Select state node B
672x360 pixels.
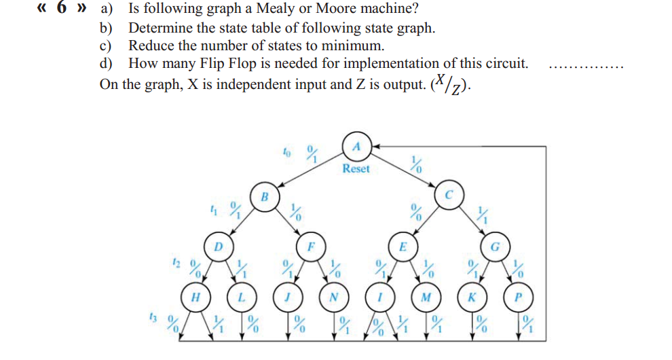(x=265, y=198)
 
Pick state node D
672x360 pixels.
(x=218, y=246)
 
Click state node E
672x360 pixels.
(x=403, y=246)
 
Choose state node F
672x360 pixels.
(x=310, y=246)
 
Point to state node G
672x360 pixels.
(x=495, y=246)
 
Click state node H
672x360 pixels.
(x=195, y=296)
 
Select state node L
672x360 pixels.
(x=242, y=296)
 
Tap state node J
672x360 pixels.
(x=288, y=296)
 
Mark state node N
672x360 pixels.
(x=334, y=296)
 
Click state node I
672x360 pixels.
(x=379, y=296)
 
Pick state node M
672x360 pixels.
(x=426, y=296)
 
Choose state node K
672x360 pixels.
(x=472, y=296)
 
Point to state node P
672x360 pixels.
(x=518, y=296)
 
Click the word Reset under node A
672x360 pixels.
(x=356, y=168)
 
